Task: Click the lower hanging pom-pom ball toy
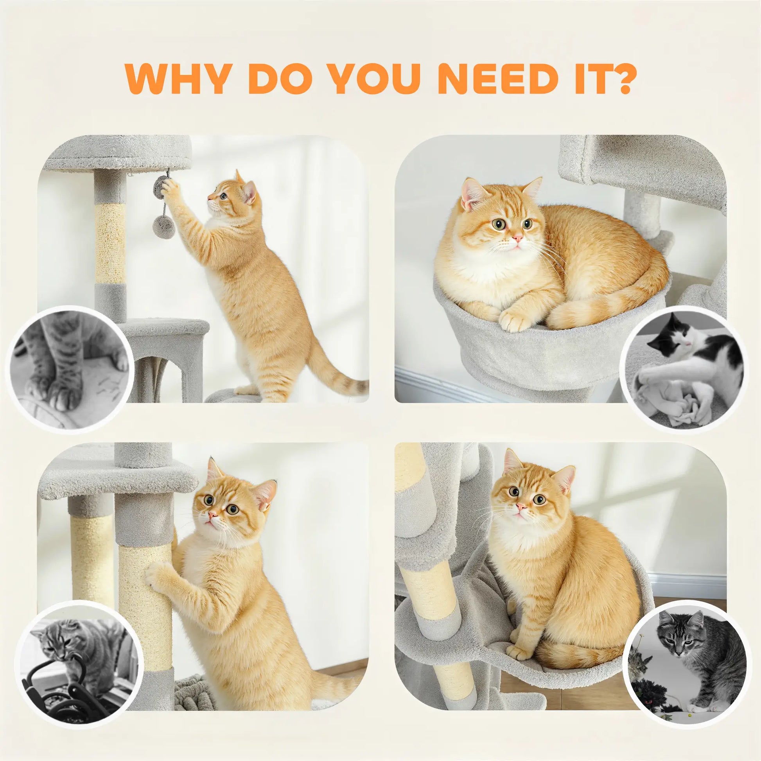pos(160,224)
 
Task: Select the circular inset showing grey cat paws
pos(71,368)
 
